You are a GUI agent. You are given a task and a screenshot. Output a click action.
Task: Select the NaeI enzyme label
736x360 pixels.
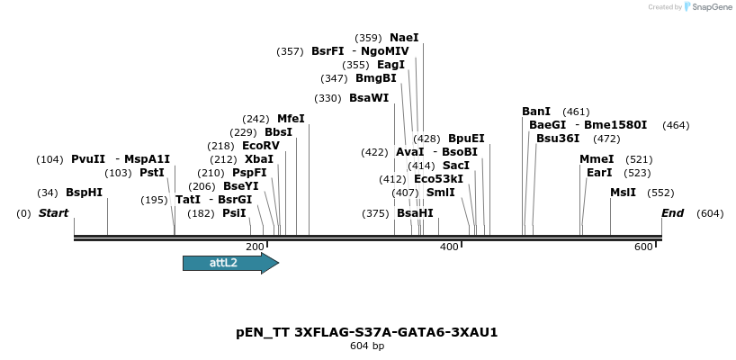pyautogui.click(x=404, y=38)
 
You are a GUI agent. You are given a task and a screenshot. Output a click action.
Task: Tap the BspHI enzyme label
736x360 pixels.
pyautogui.click(x=84, y=193)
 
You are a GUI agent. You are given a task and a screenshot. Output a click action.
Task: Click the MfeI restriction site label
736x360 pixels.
pyautogui.click(x=291, y=119)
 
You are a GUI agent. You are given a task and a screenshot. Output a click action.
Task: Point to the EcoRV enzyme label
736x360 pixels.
pyautogui.click(x=261, y=146)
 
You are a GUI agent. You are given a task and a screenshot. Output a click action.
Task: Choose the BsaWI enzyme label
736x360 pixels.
pyautogui.click(x=369, y=98)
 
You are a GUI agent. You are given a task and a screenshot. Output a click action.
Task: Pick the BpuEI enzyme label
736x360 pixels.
pyautogui.click(x=466, y=139)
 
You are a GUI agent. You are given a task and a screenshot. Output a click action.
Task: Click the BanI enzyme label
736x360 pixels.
pyautogui.click(x=536, y=112)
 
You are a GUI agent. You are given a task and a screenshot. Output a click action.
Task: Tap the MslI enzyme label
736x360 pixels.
pyautogui.click(x=623, y=193)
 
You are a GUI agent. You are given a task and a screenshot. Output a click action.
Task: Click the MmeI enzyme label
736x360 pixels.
pyautogui.click(x=597, y=159)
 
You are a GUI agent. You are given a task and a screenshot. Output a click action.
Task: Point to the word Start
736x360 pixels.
pyautogui.click(x=53, y=213)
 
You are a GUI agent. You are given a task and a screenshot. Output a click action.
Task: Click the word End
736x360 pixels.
pyautogui.click(x=672, y=213)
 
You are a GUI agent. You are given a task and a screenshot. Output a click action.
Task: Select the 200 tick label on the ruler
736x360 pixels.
pyautogui.click(x=255, y=247)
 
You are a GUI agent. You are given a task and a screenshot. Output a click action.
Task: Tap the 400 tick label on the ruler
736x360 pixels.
pyautogui.click(x=449, y=247)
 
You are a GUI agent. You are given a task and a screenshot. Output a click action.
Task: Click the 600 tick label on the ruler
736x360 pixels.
pyautogui.click(x=643, y=247)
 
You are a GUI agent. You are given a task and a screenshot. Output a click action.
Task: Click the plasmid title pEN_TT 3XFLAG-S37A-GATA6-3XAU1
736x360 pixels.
pyautogui.click(x=367, y=332)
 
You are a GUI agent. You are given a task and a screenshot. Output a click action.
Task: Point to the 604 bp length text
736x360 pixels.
pyautogui.click(x=367, y=346)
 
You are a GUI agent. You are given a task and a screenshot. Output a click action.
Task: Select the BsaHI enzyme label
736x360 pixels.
pyautogui.click(x=415, y=213)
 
